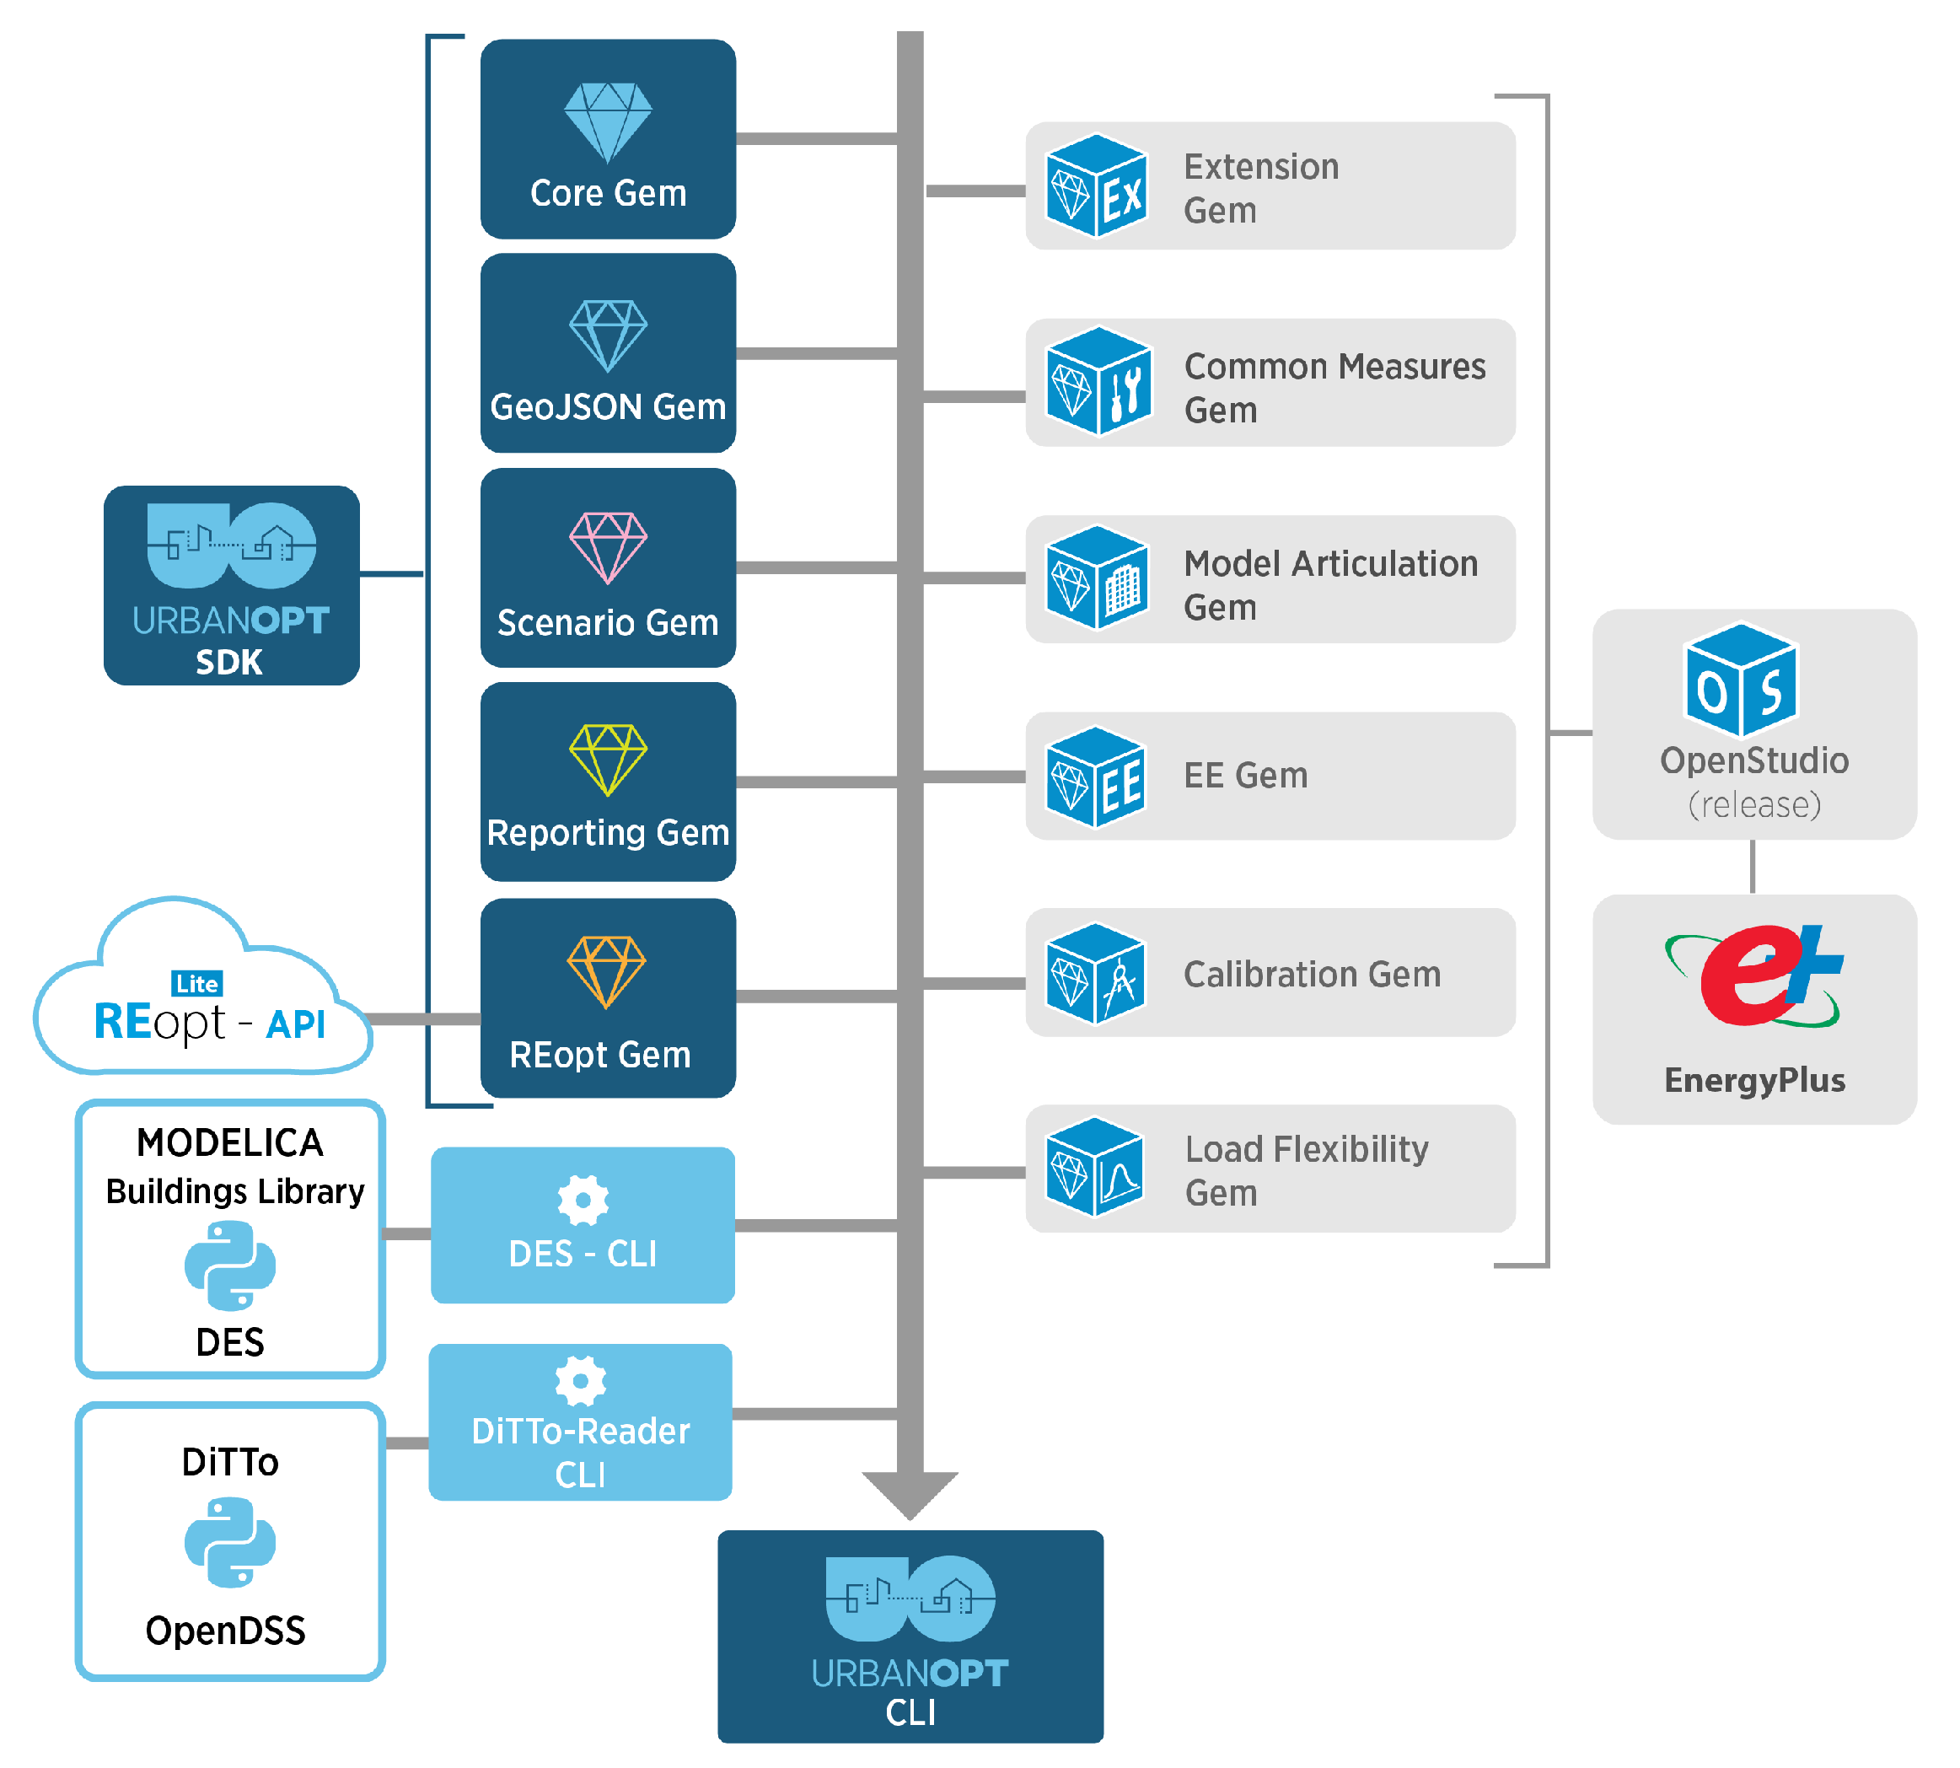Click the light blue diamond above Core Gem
coord(607,121)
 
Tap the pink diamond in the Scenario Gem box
coord(607,547)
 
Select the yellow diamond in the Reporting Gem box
coord(607,759)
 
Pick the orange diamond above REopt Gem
coord(606,970)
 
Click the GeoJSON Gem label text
coord(607,406)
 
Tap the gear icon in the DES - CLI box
coord(582,1200)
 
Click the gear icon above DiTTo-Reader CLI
coord(580,1379)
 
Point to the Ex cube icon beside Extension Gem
coord(1096,185)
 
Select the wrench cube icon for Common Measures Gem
coord(1098,382)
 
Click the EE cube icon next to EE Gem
coord(1094,777)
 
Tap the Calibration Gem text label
coord(1310,974)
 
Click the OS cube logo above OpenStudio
coord(1738,680)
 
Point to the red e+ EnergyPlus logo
coord(1753,976)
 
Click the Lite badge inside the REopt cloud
coord(197,983)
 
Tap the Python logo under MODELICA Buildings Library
coord(229,1265)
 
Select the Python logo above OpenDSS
coord(229,1542)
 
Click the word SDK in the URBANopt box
coord(228,662)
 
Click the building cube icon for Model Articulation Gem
coord(1096,579)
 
